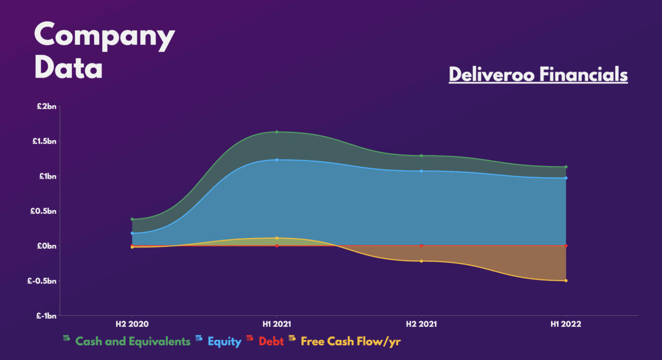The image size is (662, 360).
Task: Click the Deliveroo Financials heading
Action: [538, 74]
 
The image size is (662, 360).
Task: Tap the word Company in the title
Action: [104, 36]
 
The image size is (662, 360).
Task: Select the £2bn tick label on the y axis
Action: [46, 106]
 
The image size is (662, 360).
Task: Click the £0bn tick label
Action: [46, 246]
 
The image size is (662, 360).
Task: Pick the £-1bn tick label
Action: [45, 316]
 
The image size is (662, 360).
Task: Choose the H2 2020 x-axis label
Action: [132, 325]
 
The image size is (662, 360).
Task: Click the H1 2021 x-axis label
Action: [276, 325]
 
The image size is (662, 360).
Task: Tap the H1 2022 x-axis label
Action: [565, 325]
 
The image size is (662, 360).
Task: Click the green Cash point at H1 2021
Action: [276, 132]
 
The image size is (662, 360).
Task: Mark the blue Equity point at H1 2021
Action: [276, 160]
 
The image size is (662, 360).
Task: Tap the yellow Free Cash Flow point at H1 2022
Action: [565, 281]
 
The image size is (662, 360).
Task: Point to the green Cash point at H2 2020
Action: [132, 219]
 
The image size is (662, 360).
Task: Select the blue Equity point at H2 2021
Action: [421, 171]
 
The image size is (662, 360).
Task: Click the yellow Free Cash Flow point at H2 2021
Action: [421, 261]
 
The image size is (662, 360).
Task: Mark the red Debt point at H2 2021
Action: [421, 246]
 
